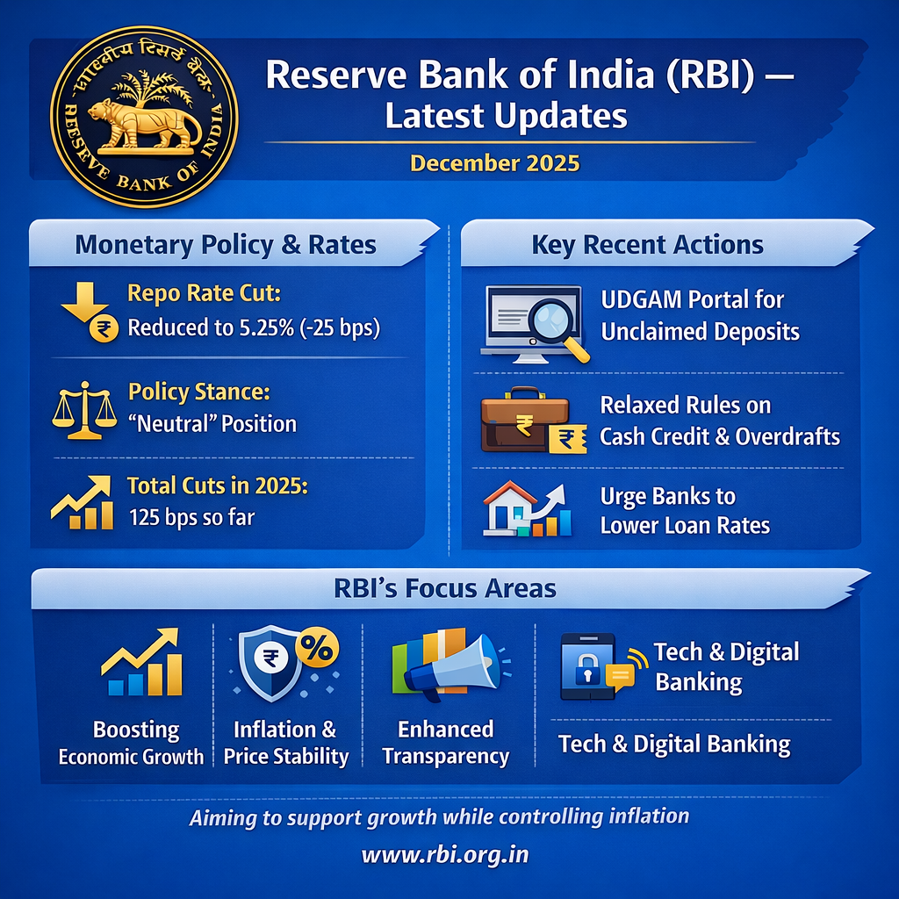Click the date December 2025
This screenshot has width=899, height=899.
495,163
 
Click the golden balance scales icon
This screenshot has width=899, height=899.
85,410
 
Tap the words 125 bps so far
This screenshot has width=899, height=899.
191,516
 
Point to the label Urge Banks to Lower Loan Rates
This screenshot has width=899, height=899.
685,511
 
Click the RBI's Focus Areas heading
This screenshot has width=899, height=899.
445,587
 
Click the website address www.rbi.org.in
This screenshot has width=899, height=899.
445,853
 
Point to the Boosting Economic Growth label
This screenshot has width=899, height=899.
132,743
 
